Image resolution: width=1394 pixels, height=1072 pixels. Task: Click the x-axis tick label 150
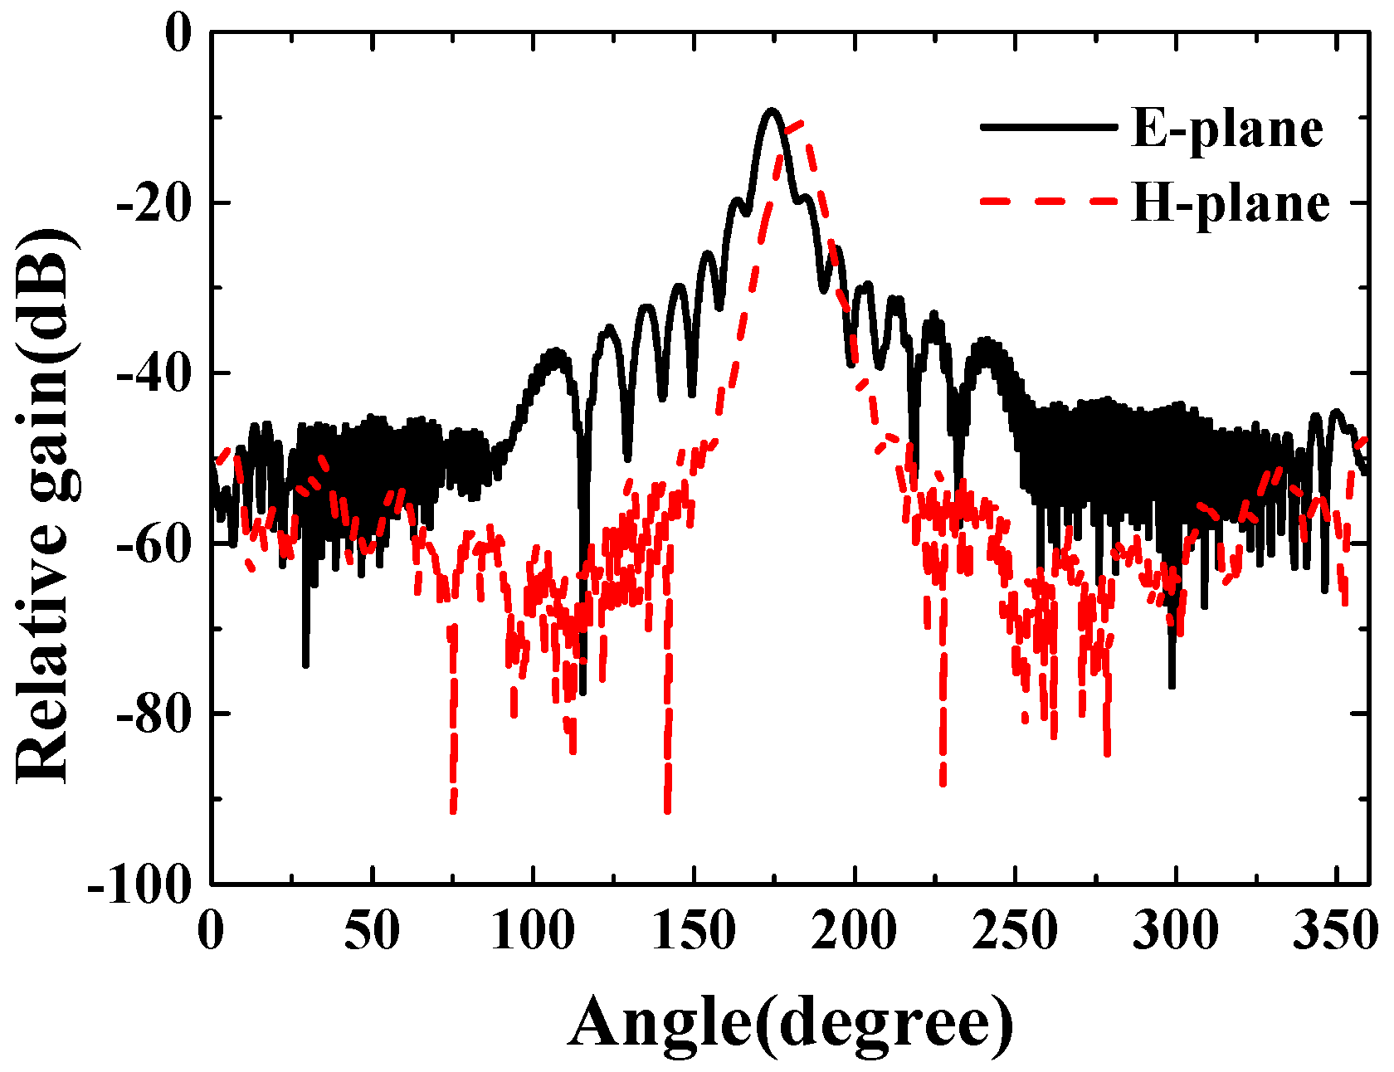694,930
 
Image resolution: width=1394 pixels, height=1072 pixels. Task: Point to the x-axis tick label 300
1176,930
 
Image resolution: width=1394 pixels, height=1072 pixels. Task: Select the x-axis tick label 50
373,930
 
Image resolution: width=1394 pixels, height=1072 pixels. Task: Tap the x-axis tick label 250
1015,930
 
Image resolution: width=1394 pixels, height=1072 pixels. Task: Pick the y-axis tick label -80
153,714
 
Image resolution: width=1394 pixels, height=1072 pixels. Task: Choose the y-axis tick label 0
178,35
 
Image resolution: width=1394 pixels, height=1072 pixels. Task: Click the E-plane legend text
1226,129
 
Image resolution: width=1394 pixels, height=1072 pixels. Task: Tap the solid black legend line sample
1047,127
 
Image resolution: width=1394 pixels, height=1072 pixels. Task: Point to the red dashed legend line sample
1047,201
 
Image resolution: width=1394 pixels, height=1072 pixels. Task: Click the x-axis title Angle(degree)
790,1023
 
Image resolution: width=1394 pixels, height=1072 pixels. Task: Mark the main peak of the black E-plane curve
772,110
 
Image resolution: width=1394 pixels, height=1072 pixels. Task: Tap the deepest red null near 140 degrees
667,810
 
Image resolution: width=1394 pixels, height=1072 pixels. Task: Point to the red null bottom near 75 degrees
453,811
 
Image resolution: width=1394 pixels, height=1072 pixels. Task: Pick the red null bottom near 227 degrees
943,782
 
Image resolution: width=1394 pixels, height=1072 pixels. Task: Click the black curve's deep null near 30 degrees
305,665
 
